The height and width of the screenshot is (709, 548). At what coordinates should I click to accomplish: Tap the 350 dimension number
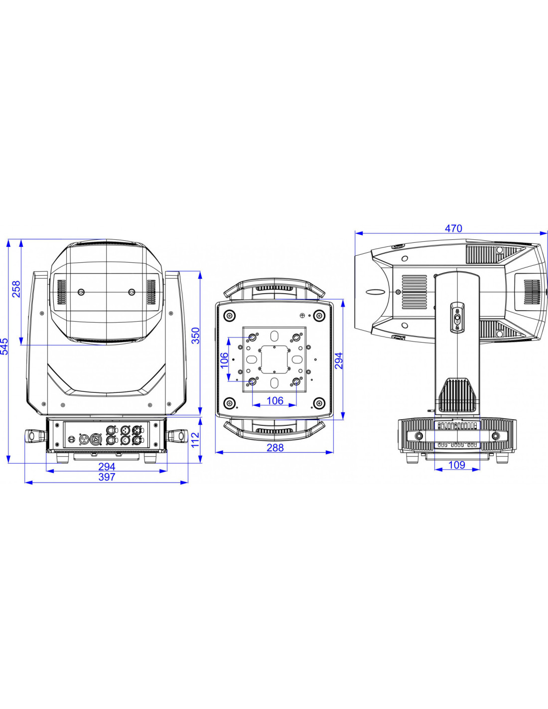(x=195, y=336)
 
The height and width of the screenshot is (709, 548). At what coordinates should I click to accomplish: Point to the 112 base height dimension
(x=195, y=440)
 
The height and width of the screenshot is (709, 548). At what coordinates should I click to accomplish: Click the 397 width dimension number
(x=107, y=477)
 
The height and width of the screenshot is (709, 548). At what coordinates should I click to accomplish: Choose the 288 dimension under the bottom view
(x=275, y=448)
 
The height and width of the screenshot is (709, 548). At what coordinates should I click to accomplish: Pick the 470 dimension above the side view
(x=453, y=228)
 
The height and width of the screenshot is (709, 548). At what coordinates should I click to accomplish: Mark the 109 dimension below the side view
(x=457, y=465)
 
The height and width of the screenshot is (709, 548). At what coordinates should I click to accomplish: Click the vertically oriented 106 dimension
(x=225, y=360)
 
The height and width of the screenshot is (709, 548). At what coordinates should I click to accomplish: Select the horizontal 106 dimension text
(x=275, y=401)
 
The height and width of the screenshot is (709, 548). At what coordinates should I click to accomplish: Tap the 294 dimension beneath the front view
(x=107, y=467)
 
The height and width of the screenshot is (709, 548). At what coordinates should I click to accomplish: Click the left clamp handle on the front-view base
(x=35, y=436)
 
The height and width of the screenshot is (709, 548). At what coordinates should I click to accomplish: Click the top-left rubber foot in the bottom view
(x=230, y=316)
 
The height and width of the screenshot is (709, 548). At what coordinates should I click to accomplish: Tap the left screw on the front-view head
(x=82, y=292)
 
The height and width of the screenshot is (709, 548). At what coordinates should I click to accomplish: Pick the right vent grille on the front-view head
(x=151, y=292)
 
